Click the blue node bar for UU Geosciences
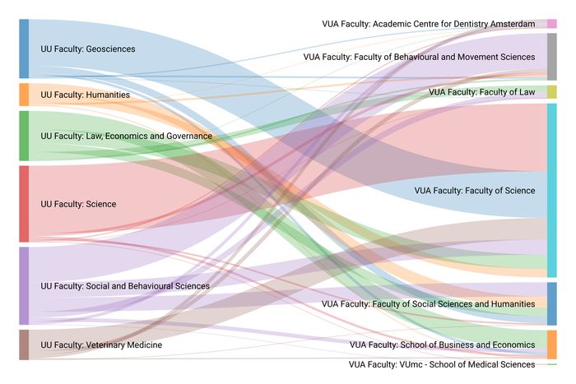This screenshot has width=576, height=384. coord(24,49)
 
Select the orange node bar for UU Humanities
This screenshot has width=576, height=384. coord(24,95)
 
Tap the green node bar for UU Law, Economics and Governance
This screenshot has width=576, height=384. coord(24,136)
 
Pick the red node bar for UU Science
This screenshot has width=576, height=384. coord(24,204)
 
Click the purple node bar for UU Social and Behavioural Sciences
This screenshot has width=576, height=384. coord(24,285)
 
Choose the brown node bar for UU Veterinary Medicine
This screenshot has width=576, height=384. coord(24,345)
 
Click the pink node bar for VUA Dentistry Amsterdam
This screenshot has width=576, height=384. coord(551,24)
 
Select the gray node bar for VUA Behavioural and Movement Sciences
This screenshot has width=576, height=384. coord(551,57)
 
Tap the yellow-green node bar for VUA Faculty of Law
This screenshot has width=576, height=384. coord(551,92)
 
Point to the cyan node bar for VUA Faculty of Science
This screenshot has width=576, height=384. coord(551,191)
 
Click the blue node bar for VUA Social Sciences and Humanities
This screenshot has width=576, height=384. coord(551,303)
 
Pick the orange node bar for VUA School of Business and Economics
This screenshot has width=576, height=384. coord(551,345)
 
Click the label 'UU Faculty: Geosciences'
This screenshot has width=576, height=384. coord(88,49)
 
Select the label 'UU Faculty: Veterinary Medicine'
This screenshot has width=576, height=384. coord(101,345)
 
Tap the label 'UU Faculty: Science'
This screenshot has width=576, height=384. coord(78,204)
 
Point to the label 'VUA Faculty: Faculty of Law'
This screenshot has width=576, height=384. coord(481,92)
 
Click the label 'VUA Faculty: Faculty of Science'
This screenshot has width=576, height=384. coord(475,191)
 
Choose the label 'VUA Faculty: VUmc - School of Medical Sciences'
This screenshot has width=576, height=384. coord(442,364)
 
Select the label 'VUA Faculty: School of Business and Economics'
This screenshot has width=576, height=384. coord(442,345)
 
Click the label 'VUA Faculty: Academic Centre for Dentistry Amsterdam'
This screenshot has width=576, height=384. coord(429,24)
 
